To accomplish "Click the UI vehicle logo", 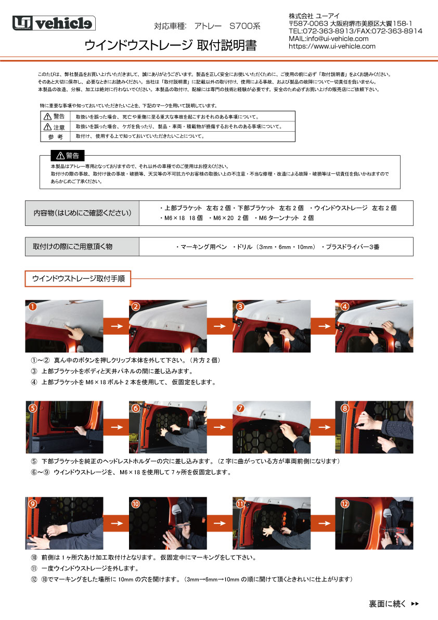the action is click(54, 23).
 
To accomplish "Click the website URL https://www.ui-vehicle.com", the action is click(332, 46).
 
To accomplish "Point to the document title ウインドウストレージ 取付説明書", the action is click(170, 45).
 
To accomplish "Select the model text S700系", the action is click(245, 26).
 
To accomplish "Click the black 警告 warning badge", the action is click(68, 156).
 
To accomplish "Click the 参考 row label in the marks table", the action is click(55, 137).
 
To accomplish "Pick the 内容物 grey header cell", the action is click(82, 213).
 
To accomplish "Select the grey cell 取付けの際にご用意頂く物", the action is click(82, 246).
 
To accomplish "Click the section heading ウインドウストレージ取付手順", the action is click(78, 279).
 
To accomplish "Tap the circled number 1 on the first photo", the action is click(33, 307).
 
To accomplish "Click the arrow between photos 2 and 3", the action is click(220, 326).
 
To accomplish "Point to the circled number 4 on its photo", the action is click(345, 307).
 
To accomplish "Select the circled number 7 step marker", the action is click(240, 408).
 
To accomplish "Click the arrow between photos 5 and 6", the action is click(117, 427).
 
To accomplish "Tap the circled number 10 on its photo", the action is click(135, 504).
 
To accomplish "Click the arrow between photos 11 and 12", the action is click(324, 523).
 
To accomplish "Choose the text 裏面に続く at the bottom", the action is click(388, 604).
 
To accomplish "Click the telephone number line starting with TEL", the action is click(355, 31).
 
